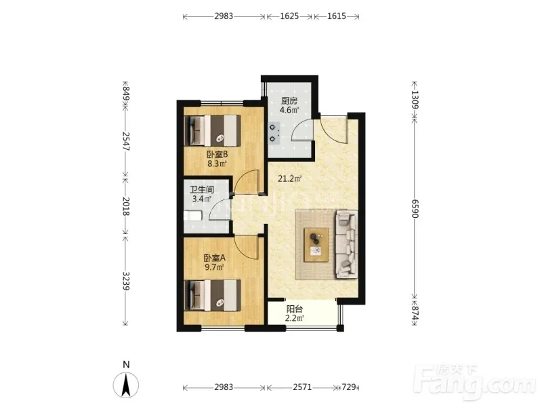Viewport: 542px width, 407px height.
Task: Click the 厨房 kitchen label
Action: [x=289, y=101]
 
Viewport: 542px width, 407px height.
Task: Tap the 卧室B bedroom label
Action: [x=216, y=155]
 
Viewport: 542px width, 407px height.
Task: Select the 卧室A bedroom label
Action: [x=214, y=258]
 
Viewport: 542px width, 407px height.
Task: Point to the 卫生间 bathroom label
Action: [x=202, y=190]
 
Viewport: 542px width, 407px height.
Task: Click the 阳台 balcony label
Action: [x=294, y=309]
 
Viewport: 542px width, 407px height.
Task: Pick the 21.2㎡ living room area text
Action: [x=290, y=179]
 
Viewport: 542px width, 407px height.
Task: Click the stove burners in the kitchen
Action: [x=274, y=133]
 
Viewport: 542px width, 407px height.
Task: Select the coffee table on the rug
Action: [x=316, y=245]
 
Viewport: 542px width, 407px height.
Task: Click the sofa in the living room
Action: [x=346, y=244]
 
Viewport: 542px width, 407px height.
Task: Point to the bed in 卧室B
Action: [x=213, y=130]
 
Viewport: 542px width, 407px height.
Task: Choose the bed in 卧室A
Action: [x=213, y=295]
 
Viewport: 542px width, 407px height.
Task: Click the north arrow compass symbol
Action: [x=126, y=385]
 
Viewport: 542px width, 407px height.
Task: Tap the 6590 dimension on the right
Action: [x=415, y=209]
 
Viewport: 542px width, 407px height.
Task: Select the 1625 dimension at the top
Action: [x=290, y=16]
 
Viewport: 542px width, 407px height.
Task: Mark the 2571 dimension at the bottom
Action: [x=302, y=387]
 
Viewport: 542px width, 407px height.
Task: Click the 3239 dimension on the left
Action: [x=126, y=282]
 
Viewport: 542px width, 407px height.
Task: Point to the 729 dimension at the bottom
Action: [x=349, y=387]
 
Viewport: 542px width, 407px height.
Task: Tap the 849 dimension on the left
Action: [x=126, y=94]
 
